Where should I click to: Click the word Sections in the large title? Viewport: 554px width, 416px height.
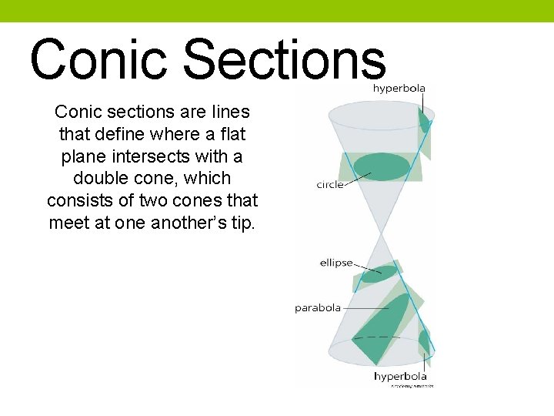pos(285,59)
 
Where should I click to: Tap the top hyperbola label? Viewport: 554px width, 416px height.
pos(399,88)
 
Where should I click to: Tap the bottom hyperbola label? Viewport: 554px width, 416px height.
pos(400,376)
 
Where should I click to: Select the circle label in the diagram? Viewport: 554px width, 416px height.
pos(330,185)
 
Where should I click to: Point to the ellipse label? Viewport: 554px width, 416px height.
pos(336,263)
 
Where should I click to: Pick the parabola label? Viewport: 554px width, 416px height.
pos(317,308)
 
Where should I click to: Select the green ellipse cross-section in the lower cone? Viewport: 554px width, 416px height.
pos(380,273)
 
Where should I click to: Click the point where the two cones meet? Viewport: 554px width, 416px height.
pos(382,233)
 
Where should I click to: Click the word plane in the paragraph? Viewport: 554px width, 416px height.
pos(83,156)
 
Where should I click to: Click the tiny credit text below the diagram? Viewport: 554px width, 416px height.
pos(412,385)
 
